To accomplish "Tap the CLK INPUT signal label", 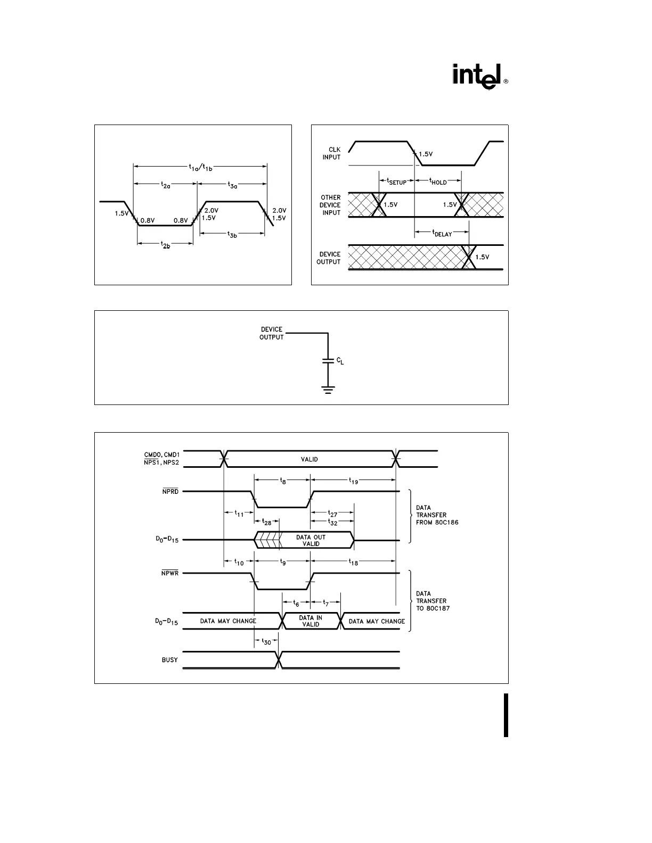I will (331, 153).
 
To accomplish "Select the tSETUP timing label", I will (396, 181).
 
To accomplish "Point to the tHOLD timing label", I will (438, 181).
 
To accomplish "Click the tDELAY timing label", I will (442, 233).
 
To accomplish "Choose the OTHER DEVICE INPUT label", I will (330, 205).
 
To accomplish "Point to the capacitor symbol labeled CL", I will (328, 361).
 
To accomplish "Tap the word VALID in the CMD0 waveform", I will (309, 459).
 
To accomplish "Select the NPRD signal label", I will (170, 491).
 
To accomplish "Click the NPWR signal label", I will (170, 574).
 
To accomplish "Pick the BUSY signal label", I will (169, 660).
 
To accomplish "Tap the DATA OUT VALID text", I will (311, 540).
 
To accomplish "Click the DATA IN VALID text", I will (311, 621).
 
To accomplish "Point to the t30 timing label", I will (266, 642).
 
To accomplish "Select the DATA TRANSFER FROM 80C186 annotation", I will (437, 515).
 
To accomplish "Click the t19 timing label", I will (354, 481).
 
